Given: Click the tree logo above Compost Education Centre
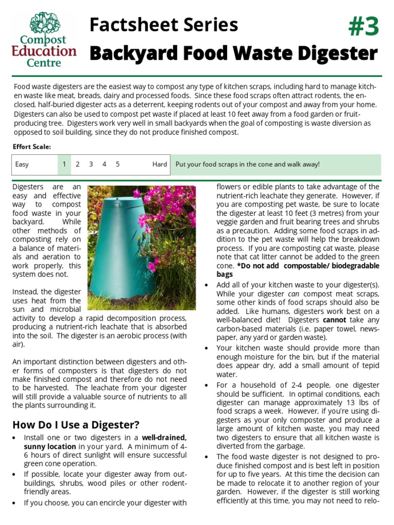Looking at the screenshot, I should [45, 24].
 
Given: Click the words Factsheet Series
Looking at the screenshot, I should [163, 25].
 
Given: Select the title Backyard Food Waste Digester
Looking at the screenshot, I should [233, 53].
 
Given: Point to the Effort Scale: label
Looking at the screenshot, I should [32, 147].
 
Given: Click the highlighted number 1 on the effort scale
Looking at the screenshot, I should [64, 165].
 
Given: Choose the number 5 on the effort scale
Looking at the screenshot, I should [117, 165].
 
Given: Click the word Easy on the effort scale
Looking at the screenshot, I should [22, 165].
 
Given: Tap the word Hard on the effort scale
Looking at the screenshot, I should [160, 165].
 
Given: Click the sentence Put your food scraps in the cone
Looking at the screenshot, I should [247, 165].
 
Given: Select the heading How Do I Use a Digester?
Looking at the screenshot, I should [76, 425].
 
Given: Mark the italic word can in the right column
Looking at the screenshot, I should [294, 294].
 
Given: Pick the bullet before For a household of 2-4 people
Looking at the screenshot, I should [207, 386].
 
